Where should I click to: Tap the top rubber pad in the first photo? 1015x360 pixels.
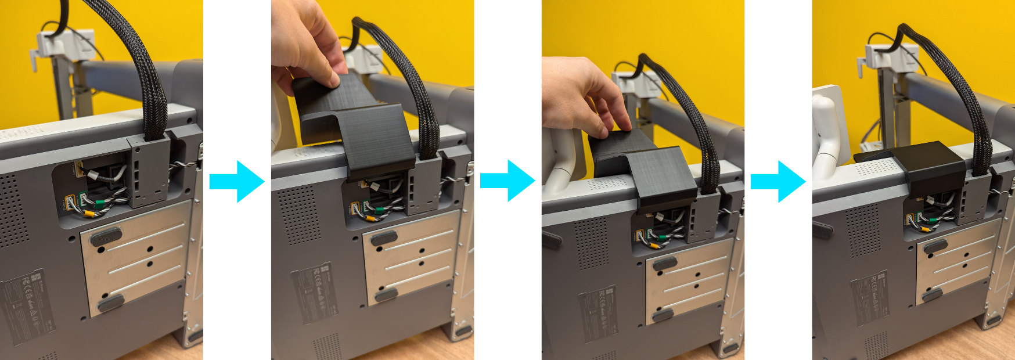tap(105, 236)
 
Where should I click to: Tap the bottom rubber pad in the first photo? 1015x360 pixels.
tap(110, 302)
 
